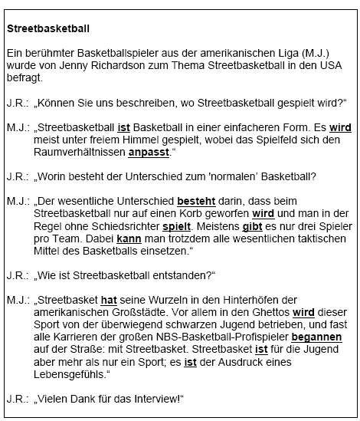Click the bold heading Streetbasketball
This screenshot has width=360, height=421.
(47, 28)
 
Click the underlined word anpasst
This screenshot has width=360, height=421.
(149, 152)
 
